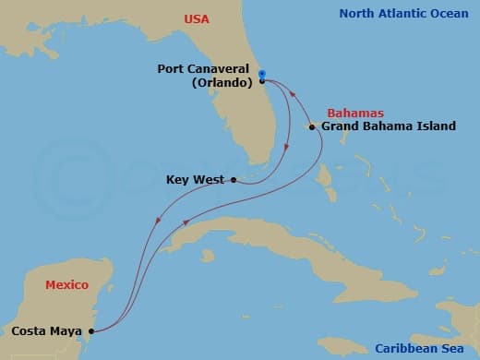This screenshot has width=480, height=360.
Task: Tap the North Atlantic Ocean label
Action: pos(405,13)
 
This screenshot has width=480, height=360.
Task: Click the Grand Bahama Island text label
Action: pos(388,126)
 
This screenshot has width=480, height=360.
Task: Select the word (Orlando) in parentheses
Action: pos(221,81)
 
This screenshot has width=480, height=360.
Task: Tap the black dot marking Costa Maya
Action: pos(90,330)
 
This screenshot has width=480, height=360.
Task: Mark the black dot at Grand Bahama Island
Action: pos(313,126)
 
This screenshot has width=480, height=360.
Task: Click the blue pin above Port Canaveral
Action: pos(262,73)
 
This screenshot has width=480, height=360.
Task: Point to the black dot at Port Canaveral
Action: pos(262,80)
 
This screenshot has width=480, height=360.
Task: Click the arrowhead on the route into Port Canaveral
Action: pos(293,93)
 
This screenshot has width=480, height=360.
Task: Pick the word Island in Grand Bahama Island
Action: pos(435,126)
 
